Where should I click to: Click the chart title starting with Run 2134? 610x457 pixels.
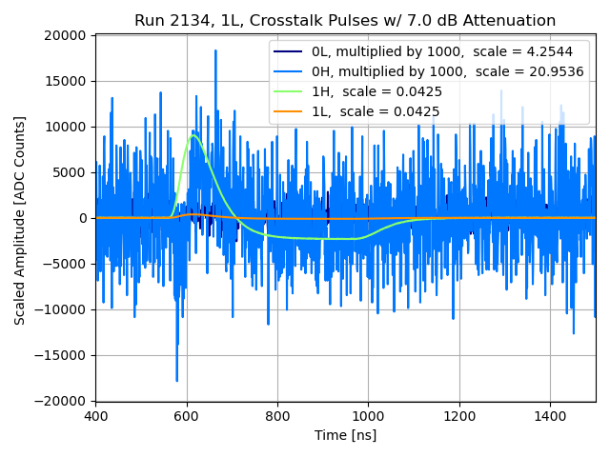click(345, 21)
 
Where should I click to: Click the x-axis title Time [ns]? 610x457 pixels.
click(345, 435)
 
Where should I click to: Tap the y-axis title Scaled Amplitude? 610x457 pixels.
click(20, 220)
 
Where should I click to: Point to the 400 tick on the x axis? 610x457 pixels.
click(95, 416)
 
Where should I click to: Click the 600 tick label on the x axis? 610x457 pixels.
click(187, 416)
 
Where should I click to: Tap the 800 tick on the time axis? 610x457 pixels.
click(277, 416)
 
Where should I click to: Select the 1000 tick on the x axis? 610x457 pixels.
click(368, 416)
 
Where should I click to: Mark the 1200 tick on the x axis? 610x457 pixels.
click(459, 416)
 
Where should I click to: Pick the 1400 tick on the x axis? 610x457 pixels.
click(550, 416)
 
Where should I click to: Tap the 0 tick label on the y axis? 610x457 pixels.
click(84, 218)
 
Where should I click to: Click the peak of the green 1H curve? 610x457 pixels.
click(193, 135)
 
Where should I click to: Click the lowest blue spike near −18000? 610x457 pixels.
click(177, 381)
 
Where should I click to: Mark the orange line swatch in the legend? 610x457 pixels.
click(288, 111)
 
